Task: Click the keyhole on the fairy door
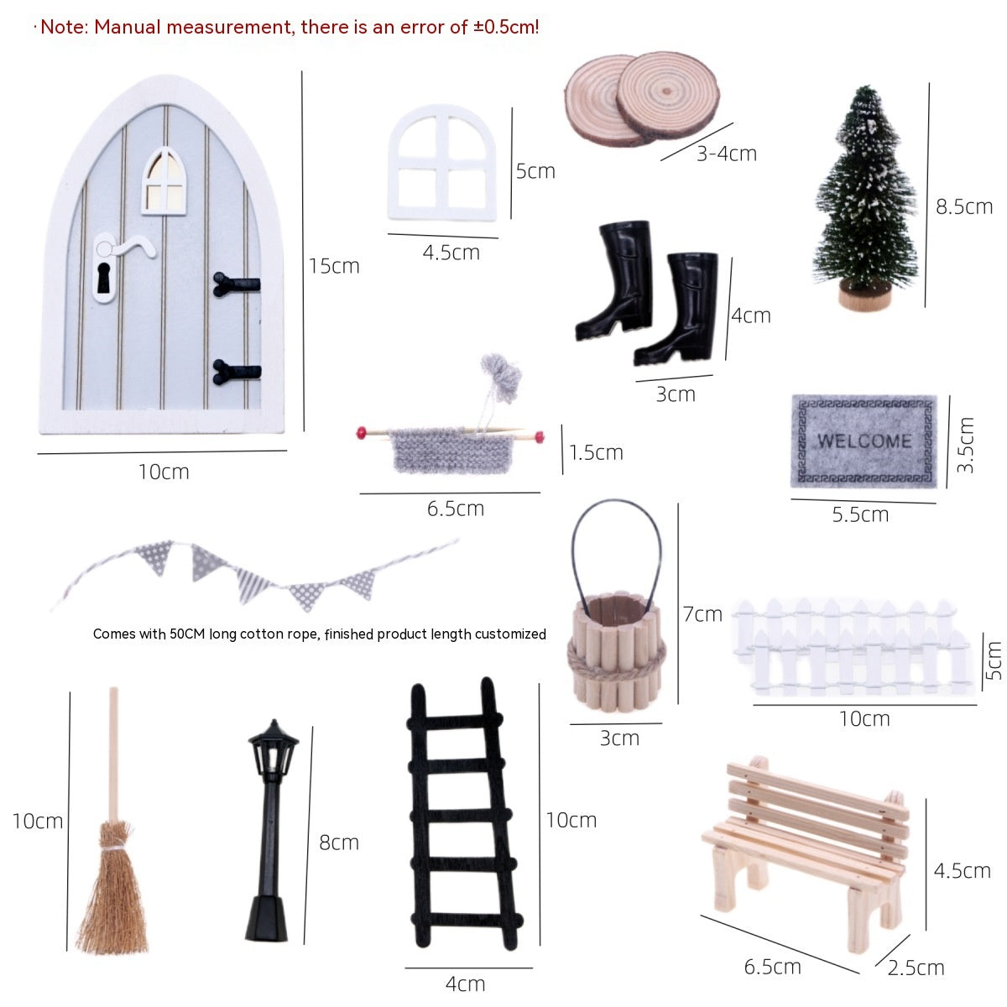coord(103,278)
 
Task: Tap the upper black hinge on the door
coord(236,284)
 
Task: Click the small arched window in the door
coord(164,181)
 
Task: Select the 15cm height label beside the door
coord(334,266)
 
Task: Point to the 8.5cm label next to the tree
coord(963,207)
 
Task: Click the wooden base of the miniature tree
coord(865,298)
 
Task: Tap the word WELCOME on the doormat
coord(865,441)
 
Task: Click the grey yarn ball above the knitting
coord(502,375)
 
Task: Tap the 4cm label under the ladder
coord(465,984)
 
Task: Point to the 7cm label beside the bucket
coord(702,614)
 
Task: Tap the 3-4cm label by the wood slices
coord(727,154)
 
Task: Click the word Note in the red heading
coord(65,27)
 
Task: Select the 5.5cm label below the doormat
coord(860,514)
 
